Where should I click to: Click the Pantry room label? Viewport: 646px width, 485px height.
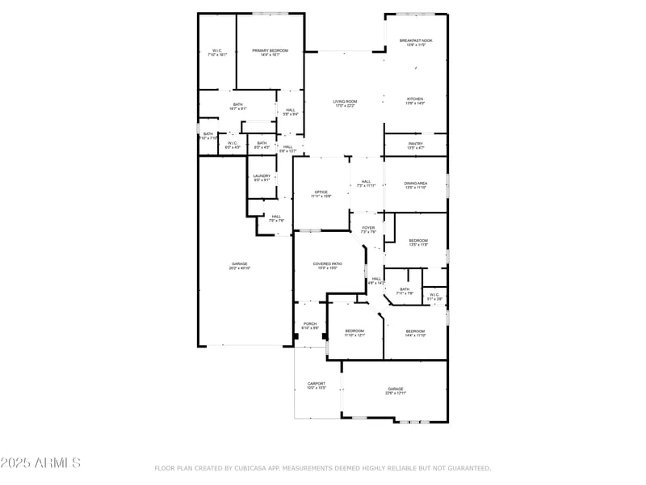click(x=415, y=145)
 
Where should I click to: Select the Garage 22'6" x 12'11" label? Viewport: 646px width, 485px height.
click(x=394, y=390)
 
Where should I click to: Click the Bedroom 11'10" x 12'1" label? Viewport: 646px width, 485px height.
click(x=355, y=332)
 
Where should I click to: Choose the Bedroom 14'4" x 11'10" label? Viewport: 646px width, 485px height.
click(x=415, y=332)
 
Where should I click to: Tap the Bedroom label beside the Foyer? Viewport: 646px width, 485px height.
click(x=417, y=242)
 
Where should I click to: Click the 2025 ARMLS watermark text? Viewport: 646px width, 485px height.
click(x=40, y=463)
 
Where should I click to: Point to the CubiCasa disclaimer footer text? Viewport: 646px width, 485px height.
click(x=322, y=468)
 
